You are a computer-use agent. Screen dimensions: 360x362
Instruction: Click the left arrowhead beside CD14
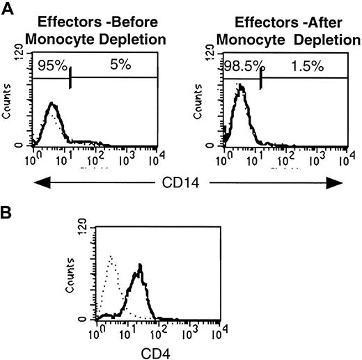37,184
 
